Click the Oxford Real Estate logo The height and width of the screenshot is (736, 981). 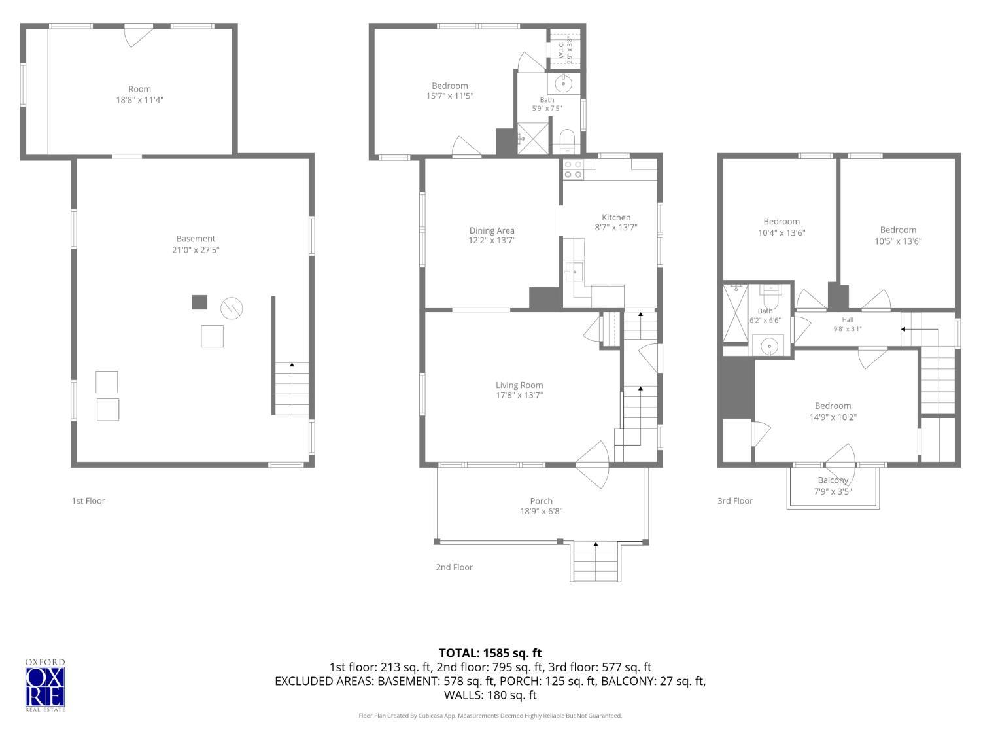[x=45, y=684]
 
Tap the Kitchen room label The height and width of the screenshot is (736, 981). [x=615, y=217]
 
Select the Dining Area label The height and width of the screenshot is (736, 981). [x=492, y=230]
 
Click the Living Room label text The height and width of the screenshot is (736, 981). [x=519, y=385]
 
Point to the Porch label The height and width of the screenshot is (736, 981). [x=541, y=501]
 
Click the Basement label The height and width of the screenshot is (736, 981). [x=196, y=239]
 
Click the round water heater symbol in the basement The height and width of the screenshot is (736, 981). [x=232, y=308]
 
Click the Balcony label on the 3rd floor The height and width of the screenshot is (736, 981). [x=833, y=480]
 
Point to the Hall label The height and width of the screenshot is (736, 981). [x=848, y=319]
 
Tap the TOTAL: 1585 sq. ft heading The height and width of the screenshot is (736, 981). [x=490, y=654]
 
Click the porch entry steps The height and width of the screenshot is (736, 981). [x=595, y=562]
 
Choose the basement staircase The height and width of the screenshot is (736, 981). [x=292, y=389]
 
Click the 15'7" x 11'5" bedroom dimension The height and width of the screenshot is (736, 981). [x=449, y=96]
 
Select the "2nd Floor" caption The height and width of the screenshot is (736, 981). [x=454, y=567]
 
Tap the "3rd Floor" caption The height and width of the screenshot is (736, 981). [x=734, y=501]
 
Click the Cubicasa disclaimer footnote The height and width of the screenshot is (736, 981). [x=490, y=716]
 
